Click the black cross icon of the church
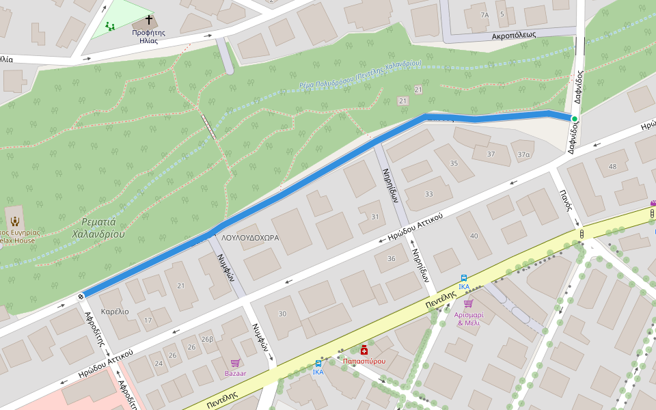pyautogui.click(x=148, y=20)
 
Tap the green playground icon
pyautogui.click(x=109, y=27)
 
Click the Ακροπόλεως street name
pyautogui.click(x=514, y=35)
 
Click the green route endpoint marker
pyautogui.click(x=574, y=119)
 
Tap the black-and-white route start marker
pyautogui.click(x=81, y=296)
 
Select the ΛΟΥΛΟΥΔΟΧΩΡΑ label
pyautogui.click(x=250, y=238)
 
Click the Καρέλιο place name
pyautogui.click(x=115, y=312)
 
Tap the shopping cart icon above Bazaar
pyautogui.click(x=235, y=363)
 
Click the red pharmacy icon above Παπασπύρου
pyautogui.click(x=364, y=350)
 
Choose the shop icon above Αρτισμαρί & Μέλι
pyautogui.click(x=468, y=303)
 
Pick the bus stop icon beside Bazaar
pyautogui.click(x=318, y=364)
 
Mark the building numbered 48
pyautogui.click(x=612, y=167)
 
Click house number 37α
pyautogui.click(x=523, y=154)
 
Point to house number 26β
pyautogui.click(x=207, y=339)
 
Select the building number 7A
pyautogui.click(x=484, y=14)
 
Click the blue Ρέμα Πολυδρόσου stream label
pyautogui.click(x=360, y=74)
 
